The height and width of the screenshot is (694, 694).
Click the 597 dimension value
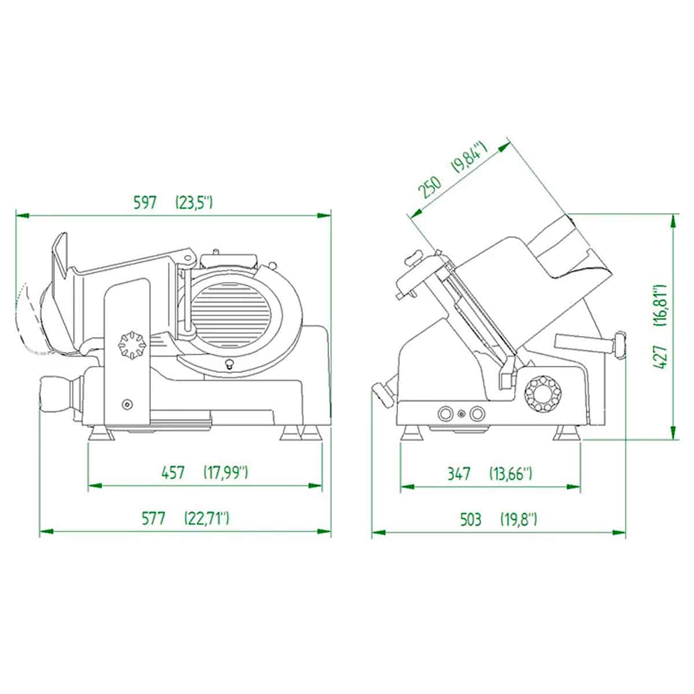pyautogui.click(x=145, y=203)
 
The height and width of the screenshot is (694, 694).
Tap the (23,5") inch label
pyautogui.click(x=194, y=203)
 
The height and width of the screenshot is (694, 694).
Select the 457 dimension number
pyautogui.click(x=173, y=473)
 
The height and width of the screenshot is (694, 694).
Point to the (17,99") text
pyautogui.click(x=226, y=473)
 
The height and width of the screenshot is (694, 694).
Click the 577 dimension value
pyautogui.click(x=153, y=519)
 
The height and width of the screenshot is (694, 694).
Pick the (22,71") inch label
pyautogui.click(x=206, y=519)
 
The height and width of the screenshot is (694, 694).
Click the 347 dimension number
pyautogui.click(x=459, y=474)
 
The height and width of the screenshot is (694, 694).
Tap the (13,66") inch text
pyautogui.click(x=511, y=474)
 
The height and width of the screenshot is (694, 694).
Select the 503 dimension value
pyautogui.click(x=471, y=519)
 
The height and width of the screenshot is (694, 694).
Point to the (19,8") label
pyautogui.click(x=519, y=519)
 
